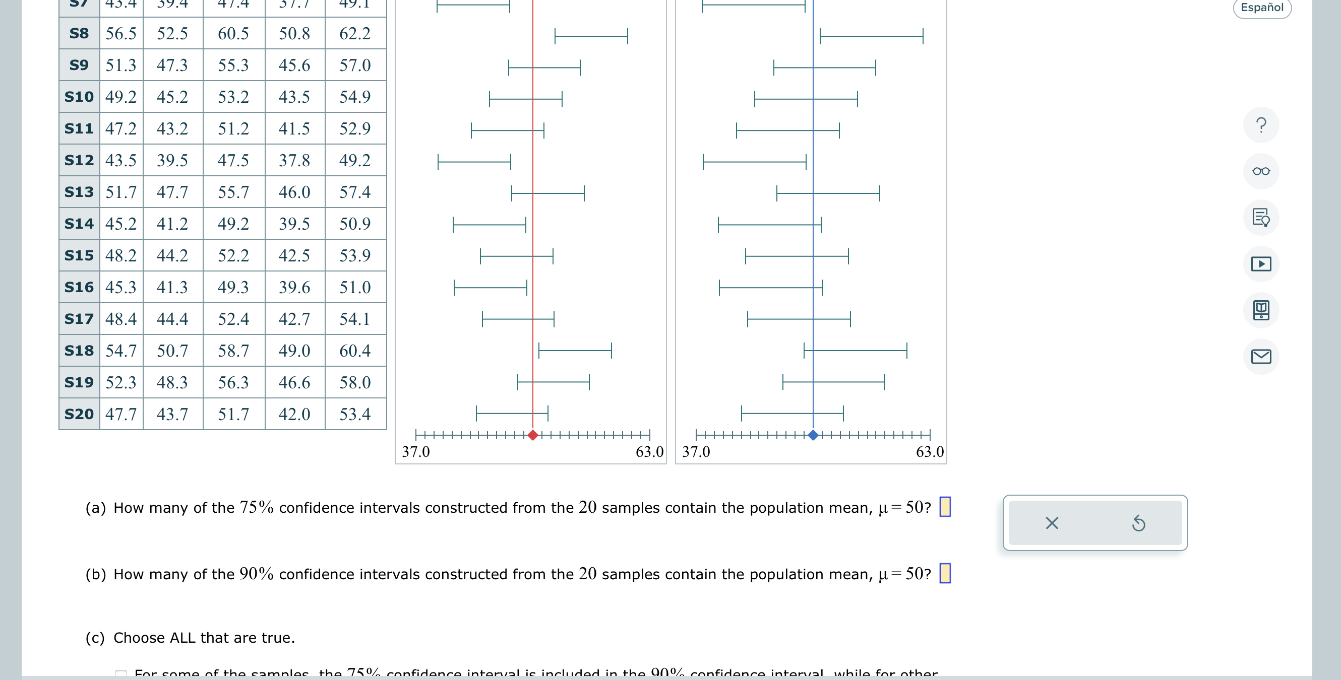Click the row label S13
coord(79,192)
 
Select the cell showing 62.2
coord(355,33)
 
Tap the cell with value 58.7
coord(233,351)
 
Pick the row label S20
coord(79,414)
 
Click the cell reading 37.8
coord(294,160)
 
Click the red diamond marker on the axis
coord(532,435)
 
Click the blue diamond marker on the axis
coord(813,435)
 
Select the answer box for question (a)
coord(945,507)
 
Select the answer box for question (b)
coord(945,573)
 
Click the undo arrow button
coord(1138,523)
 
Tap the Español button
coord(1262,7)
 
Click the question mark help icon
coord(1261,125)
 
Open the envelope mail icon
coord(1261,357)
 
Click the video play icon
coord(1261,264)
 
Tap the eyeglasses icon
coord(1261,171)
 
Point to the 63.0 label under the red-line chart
coord(649,452)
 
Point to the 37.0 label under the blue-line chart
coord(696,452)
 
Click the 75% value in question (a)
coord(257,507)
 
